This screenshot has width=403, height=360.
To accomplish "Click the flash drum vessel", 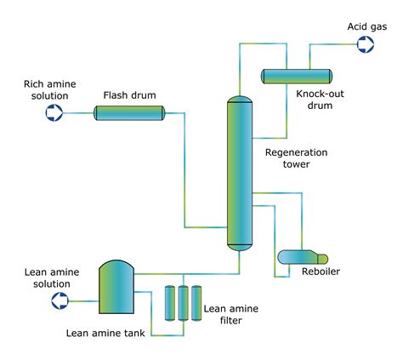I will point(128,111).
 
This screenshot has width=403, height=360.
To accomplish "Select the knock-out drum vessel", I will point(297,75).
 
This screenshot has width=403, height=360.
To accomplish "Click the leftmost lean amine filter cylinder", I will point(169,302).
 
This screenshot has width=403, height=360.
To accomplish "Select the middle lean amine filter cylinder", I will point(183,302).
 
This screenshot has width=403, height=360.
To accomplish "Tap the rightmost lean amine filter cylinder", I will point(196,302).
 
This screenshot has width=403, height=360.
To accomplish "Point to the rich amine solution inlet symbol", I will point(54,111).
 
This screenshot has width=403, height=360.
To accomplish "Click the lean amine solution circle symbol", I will point(60,300).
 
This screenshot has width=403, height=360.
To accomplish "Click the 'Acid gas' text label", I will point(366,26).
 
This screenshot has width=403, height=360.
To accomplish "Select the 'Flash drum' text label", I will point(129,94).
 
